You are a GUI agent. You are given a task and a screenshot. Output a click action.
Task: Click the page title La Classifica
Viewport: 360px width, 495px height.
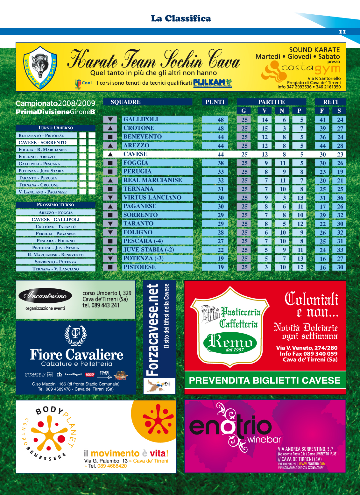point(181,18)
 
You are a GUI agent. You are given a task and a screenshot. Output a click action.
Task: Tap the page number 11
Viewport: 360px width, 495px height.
point(342,32)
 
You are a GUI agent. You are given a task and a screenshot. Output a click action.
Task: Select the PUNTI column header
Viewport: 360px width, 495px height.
point(215,102)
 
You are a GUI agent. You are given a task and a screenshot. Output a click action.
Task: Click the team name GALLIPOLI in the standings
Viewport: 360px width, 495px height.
point(141,119)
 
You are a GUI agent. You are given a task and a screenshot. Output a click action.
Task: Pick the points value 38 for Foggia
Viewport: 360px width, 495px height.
point(221,163)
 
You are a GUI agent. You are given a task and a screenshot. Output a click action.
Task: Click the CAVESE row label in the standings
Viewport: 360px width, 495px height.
point(135,154)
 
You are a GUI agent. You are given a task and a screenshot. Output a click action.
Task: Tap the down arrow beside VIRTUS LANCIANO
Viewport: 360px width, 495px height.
point(110,198)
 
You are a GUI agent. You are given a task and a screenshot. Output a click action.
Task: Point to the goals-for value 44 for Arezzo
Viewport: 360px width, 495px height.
point(322,146)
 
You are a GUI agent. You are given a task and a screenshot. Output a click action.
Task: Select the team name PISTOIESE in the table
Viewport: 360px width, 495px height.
point(139,267)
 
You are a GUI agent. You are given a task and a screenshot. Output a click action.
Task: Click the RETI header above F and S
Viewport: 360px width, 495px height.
point(330,102)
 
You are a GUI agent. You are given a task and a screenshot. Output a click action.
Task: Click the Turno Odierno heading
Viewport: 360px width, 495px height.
point(55,128)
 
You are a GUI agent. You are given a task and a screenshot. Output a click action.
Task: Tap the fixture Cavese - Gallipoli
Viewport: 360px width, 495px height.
point(55,220)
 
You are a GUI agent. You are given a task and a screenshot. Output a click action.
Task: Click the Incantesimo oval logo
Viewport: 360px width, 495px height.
point(45,296)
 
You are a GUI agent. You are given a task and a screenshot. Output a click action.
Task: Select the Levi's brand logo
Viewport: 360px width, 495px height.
point(90,374)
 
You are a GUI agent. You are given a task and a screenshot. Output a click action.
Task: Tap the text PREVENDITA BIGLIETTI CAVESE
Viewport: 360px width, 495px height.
point(265,380)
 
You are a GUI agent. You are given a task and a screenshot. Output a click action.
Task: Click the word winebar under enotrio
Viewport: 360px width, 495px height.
point(264,440)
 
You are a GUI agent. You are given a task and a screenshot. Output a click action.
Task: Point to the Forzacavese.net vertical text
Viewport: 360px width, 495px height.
point(153,329)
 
